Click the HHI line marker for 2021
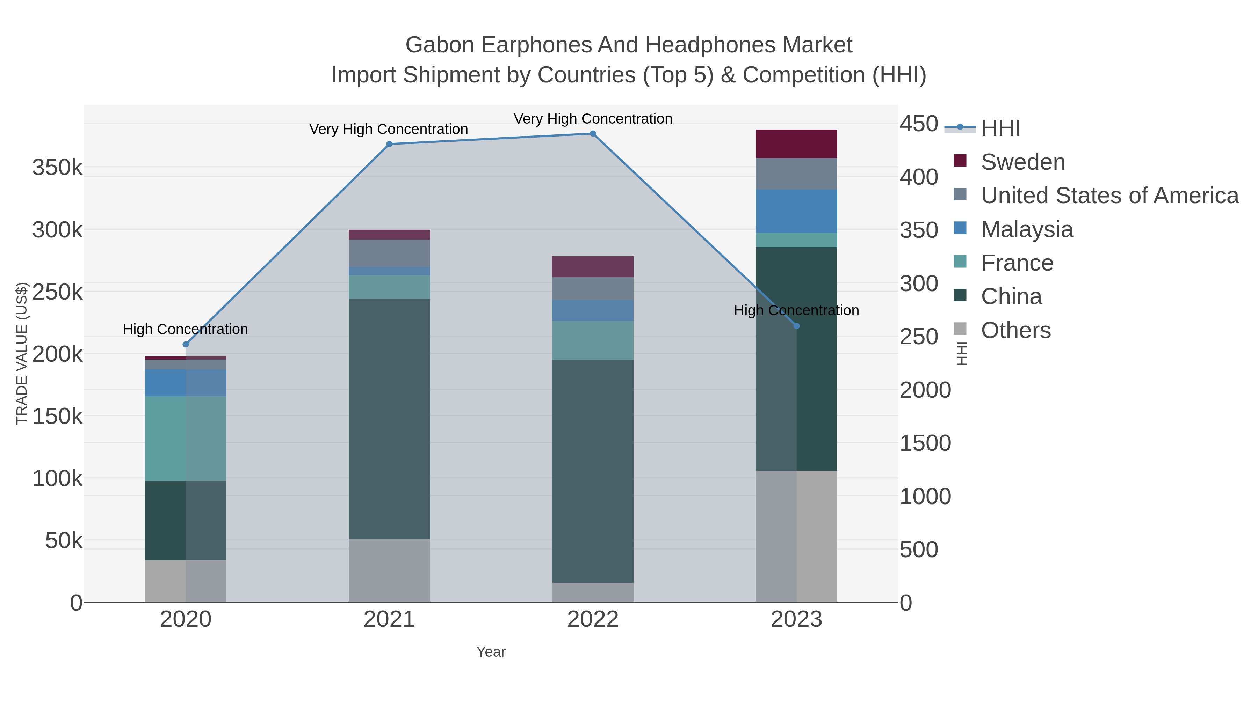pos(389,144)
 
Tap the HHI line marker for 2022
pos(593,134)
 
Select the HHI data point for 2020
pos(186,345)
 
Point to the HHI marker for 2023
pos(796,326)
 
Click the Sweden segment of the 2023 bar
pos(796,144)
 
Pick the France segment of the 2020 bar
pos(186,438)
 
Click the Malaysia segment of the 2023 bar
pos(796,211)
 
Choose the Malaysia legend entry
pos(1027,229)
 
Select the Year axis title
pos(491,652)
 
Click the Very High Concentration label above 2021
pos(389,129)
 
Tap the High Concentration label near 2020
pos(186,329)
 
